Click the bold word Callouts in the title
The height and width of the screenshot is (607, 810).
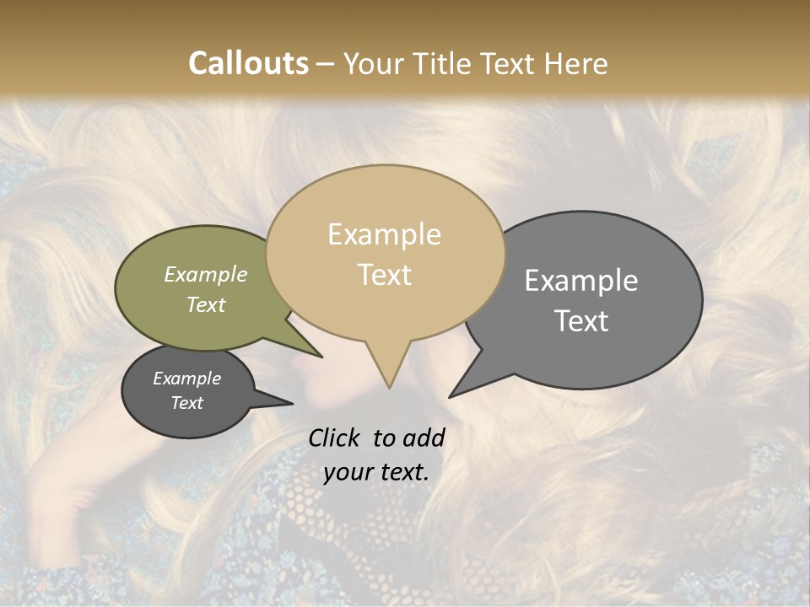tap(248, 63)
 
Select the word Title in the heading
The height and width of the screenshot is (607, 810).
tap(445, 63)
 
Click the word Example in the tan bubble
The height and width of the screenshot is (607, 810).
tap(384, 234)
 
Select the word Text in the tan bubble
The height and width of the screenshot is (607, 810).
tap(385, 275)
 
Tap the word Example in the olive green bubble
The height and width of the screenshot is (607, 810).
tap(206, 275)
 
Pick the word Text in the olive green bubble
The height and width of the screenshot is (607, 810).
tap(206, 304)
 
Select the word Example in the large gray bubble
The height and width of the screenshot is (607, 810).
tap(581, 281)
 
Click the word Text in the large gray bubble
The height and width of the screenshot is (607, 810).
tap(582, 321)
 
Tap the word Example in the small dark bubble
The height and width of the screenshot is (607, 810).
tap(187, 379)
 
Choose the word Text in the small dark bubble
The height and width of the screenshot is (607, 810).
tap(187, 403)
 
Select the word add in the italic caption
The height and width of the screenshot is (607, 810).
tap(424, 438)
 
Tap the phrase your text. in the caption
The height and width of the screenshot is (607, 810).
tap(376, 472)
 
